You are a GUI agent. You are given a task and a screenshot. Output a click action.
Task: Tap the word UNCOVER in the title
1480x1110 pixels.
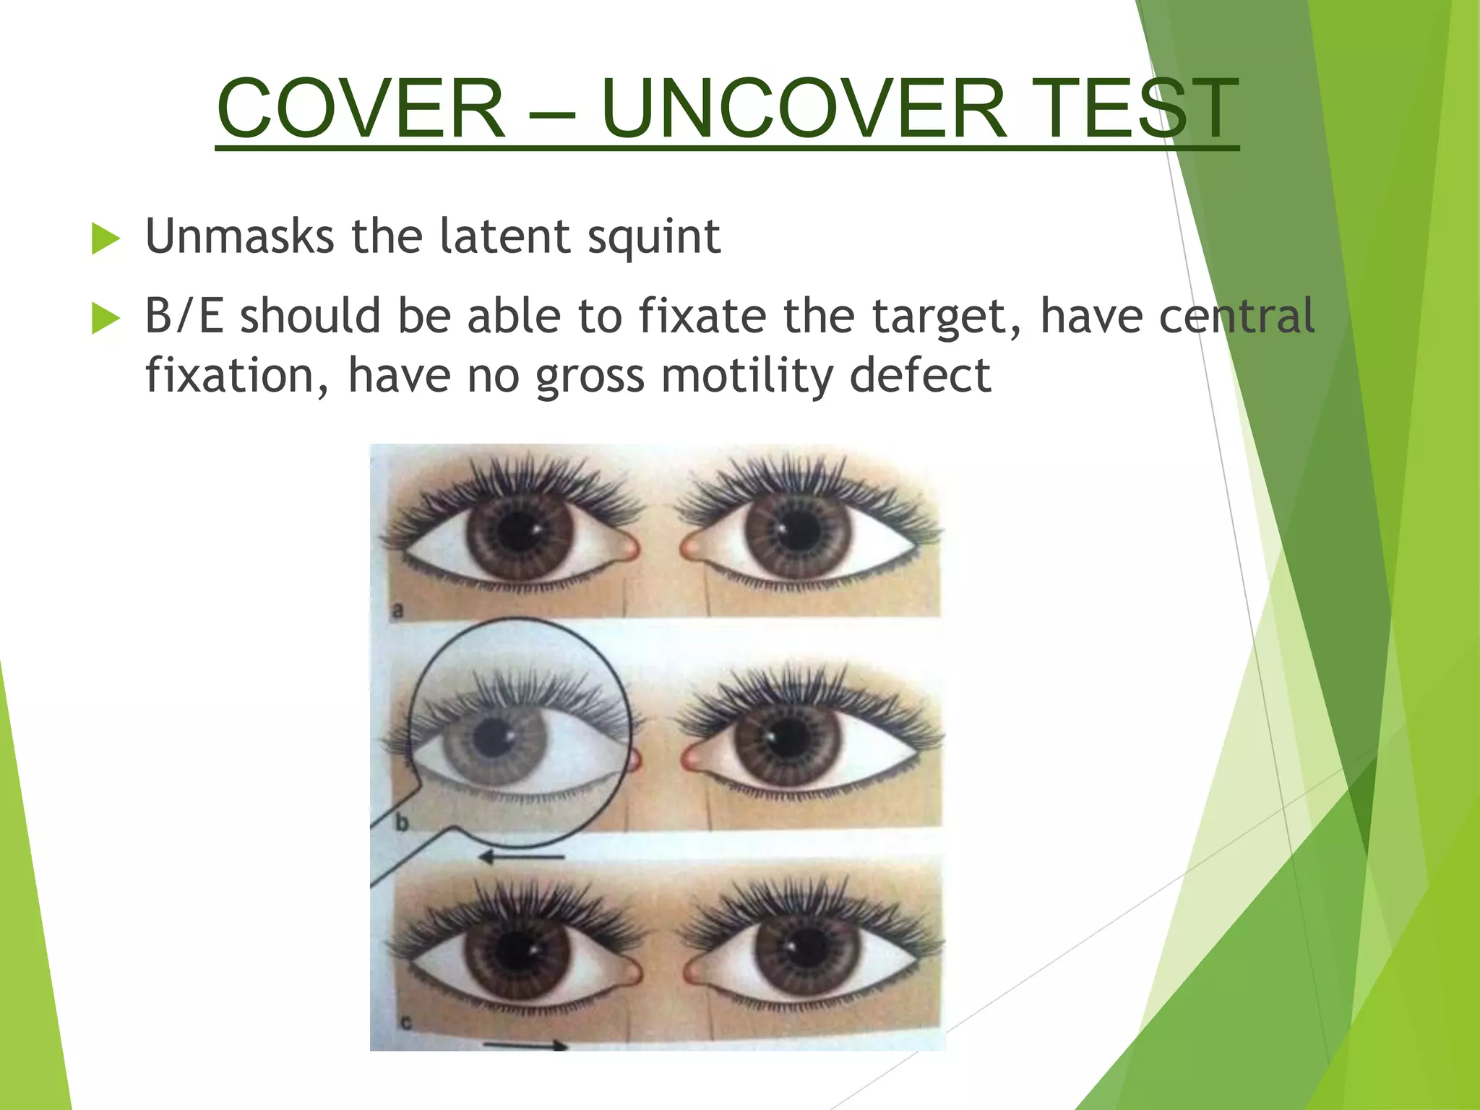pyautogui.click(x=803, y=110)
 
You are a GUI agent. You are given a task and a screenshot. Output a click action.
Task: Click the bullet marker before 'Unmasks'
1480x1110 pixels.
pyautogui.click(x=106, y=239)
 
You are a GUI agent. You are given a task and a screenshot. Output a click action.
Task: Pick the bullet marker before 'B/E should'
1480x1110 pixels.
pyautogui.click(x=106, y=319)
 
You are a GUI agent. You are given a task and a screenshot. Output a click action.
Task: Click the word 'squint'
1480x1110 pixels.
pyautogui.click(x=653, y=237)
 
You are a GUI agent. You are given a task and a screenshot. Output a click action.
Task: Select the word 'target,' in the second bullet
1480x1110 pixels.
pyautogui.click(x=945, y=318)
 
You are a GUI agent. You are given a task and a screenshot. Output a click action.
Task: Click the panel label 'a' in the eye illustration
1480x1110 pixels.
pyautogui.click(x=397, y=611)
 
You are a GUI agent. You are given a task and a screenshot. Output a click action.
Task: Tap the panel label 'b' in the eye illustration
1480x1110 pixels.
pyautogui.click(x=401, y=822)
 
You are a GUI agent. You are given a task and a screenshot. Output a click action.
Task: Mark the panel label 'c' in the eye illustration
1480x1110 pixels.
pyautogui.click(x=405, y=1023)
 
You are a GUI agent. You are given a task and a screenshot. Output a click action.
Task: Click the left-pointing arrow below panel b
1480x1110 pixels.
pyautogui.click(x=521, y=857)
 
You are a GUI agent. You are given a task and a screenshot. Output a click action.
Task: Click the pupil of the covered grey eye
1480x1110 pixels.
pyautogui.click(x=494, y=738)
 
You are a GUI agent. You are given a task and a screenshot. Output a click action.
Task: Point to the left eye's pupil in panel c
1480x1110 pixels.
pyautogui.click(x=517, y=951)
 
